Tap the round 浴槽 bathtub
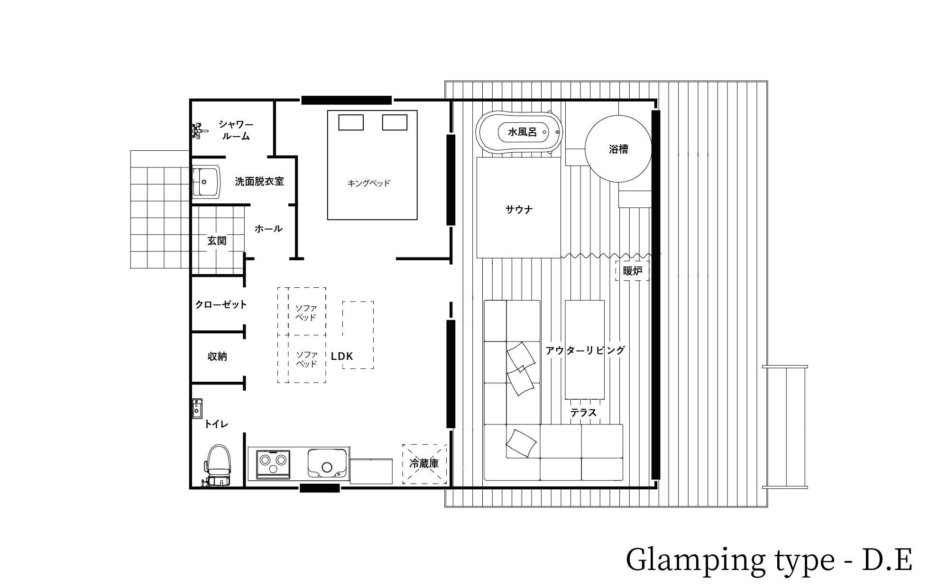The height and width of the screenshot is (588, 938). click(618, 149)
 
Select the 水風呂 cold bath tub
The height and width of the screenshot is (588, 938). click(520, 132)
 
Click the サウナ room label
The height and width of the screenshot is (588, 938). click(519, 209)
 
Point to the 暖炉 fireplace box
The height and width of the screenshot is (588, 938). click(633, 271)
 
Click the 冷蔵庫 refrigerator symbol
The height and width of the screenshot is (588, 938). click(424, 464)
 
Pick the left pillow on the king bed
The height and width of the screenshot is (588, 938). click(351, 122)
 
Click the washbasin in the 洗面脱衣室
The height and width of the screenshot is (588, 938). click(206, 181)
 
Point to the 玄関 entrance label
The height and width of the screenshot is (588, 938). click(217, 241)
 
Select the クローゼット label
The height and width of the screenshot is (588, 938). click(221, 304)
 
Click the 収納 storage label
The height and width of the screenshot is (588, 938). click(217, 357)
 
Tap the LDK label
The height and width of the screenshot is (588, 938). click(342, 356)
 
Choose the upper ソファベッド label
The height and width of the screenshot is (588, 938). click(306, 313)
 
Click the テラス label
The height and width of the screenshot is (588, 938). click(583, 413)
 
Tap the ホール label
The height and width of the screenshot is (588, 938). click(268, 229)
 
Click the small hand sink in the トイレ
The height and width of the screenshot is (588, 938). click(197, 408)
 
